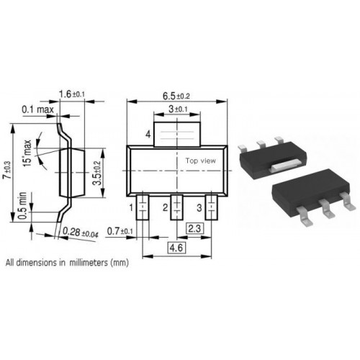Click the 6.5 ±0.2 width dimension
pos(176,96)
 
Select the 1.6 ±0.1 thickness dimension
pos(72,94)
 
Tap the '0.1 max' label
pos(37,109)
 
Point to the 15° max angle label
pos(27,153)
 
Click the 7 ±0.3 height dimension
pos(7,170)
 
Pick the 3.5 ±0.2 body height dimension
pos(97,173)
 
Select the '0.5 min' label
pos(22,206)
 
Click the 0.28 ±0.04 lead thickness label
pos(81,233)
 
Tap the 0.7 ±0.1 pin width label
pos(120,231)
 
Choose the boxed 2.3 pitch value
pos(194,228)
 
